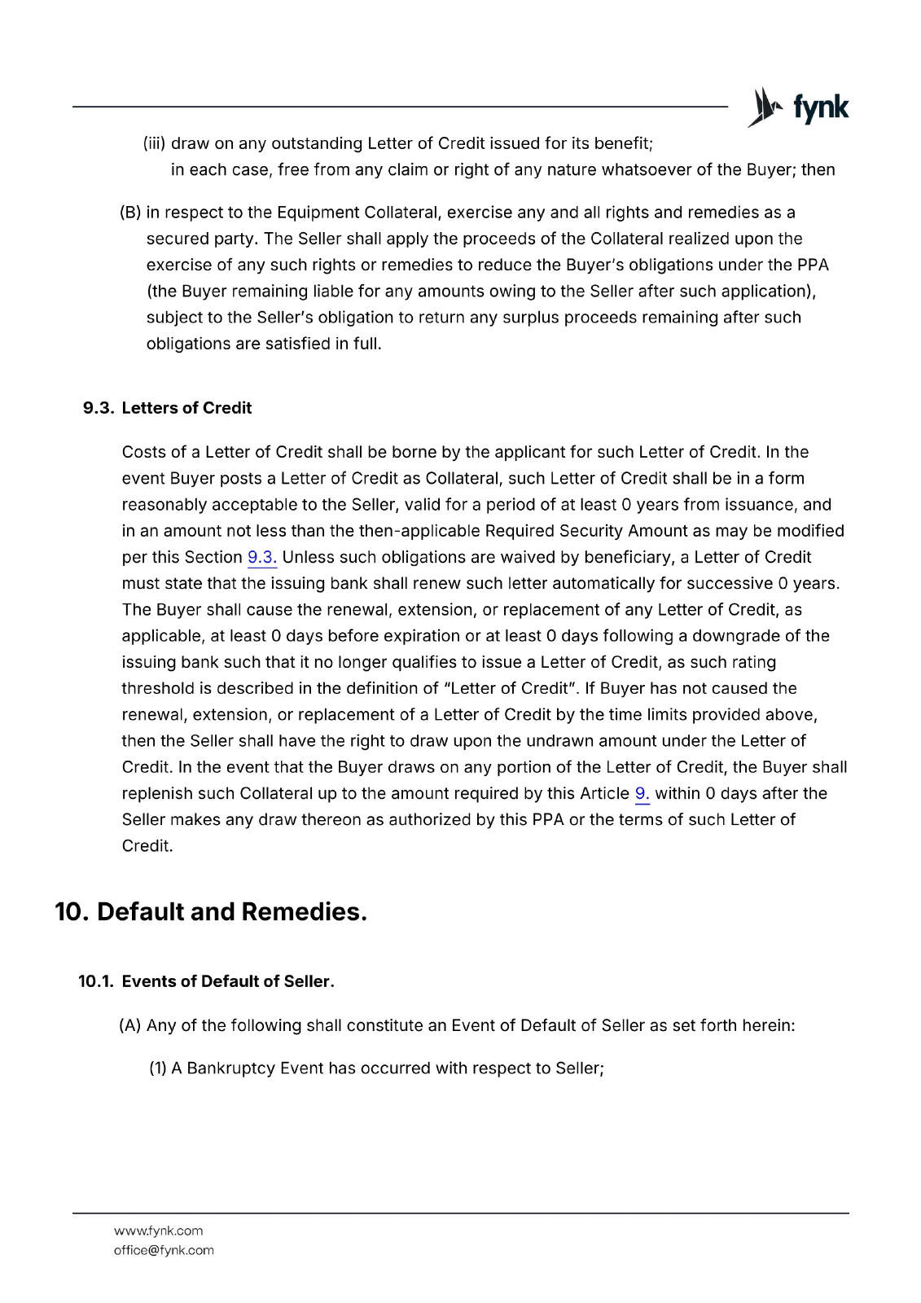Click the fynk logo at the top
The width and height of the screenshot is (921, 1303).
[x=798, y=107]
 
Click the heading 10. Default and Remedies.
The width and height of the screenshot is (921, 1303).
[x=211, y=912]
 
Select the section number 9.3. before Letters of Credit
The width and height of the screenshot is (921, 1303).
[x=99, y=408]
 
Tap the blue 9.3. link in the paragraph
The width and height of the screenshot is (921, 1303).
[x=262, y=558]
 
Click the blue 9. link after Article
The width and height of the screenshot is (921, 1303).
[x=642, y=794]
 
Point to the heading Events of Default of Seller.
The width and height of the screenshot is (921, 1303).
[x=228, y=981]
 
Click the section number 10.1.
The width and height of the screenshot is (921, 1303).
[x=95, y=981]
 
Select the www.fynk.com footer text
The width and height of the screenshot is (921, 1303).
[x=158, y=1231]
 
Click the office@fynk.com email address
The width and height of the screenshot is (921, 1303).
[x=164, y=1250]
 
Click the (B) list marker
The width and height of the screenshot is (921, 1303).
[x=130, y=213]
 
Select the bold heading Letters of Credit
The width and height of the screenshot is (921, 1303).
[x=186, y=408]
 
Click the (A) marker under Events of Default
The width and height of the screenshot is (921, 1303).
[x=130, y=1025]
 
